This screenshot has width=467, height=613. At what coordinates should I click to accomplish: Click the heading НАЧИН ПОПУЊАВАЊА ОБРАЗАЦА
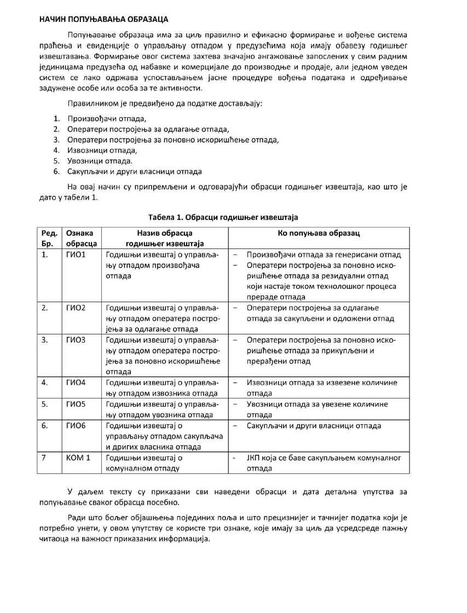[x=103, y=19]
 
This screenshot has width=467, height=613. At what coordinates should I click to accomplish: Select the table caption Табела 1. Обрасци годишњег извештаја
[x=223, y=217]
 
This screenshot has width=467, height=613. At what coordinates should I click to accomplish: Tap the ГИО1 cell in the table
[x=76, y=255]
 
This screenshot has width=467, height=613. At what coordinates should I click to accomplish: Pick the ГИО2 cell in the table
[x=76, y=308]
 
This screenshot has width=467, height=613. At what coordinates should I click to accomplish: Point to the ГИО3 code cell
[x=76, y=340]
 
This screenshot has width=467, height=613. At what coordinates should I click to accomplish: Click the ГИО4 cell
[x=76, y=383]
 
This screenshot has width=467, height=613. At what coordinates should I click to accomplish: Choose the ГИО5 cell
[x=76, y=404]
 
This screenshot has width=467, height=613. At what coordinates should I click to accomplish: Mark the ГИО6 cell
[x=76, y=425]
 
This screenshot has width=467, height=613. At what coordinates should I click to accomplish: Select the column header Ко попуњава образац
[x=319, y=233]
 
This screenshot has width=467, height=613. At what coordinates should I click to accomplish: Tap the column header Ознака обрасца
[x=81, y=238]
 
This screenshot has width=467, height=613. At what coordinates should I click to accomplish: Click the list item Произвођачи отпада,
[x=107, y=118]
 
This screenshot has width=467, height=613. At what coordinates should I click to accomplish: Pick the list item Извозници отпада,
[x=102, y=150]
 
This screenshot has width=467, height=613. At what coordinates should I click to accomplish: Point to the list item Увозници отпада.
[x=100, y=160]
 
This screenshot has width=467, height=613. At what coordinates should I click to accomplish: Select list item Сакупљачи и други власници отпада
[x=135, y=171]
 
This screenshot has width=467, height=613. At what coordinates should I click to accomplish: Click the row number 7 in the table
[x=44, y=458]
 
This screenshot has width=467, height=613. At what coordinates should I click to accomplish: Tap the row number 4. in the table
[x=45, y=383]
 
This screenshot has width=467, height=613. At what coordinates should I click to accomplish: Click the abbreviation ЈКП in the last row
[x=255, y=458]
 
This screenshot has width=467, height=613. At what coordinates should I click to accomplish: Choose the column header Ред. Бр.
[x=50, y=238]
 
